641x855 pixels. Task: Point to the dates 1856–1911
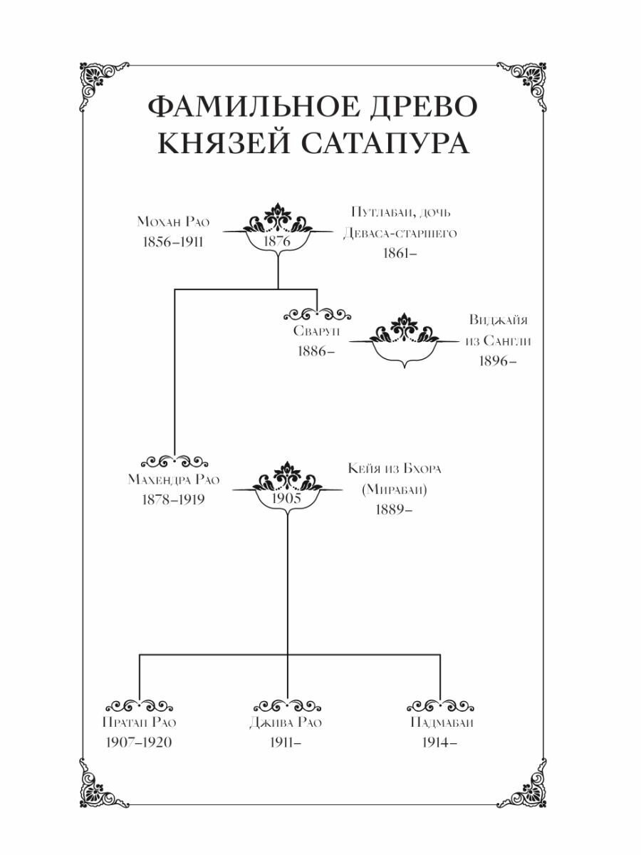(x=172, y=242)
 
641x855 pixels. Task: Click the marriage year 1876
(x=278, y=242)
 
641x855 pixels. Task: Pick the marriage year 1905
(x=288, y=498)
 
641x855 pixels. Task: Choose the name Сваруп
(x=316, y=332)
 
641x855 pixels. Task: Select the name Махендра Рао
(x=174, y=479)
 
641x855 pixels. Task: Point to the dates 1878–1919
(x=174, y=499)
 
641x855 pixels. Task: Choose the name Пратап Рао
(x=140, y=722)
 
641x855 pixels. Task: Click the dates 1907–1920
(x=140, y=742)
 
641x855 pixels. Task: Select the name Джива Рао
(x=287, y=722)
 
